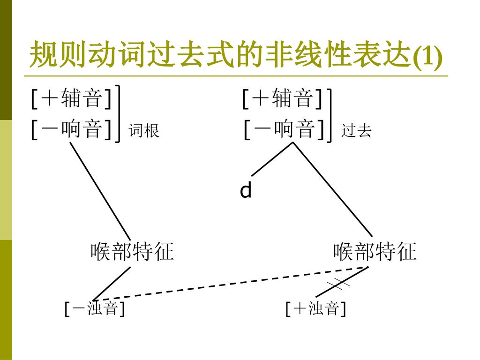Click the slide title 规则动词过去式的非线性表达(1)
(234, 56)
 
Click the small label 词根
(144, 130)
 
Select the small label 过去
(356, 130)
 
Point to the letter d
(246, 191)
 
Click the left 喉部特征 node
(132, 252)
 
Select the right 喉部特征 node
(375, 252)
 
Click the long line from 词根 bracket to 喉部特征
(100, 190)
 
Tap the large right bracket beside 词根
(119, 112)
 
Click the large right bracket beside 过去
(330, 115)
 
